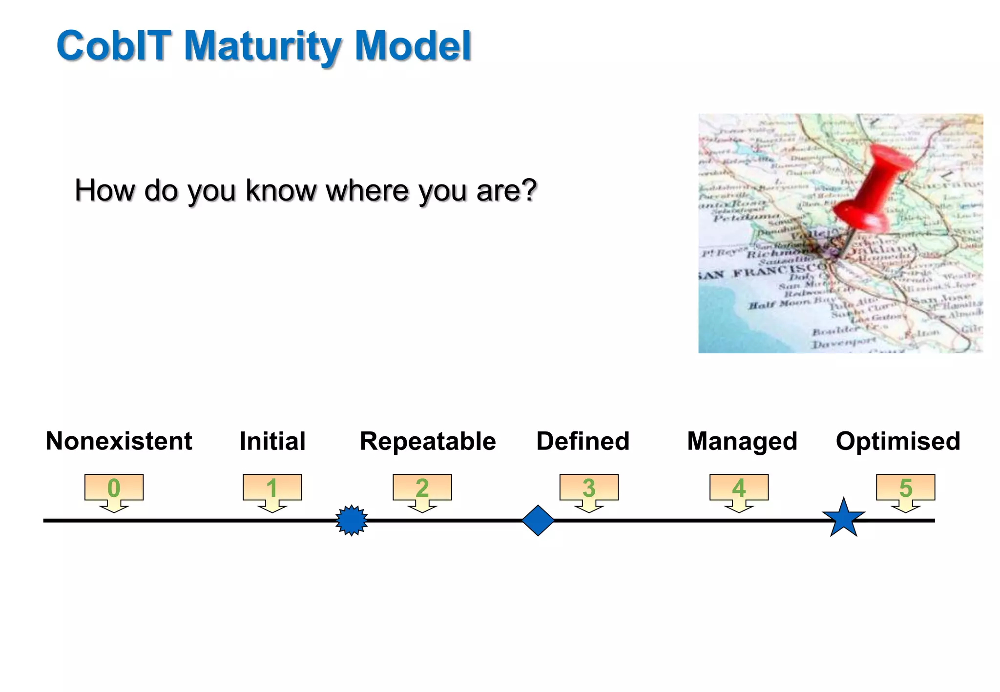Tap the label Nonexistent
(119, 441)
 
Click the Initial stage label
(272, 441)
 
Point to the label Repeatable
(428, 441)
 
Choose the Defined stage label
(583, 441)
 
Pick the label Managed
(742, 441)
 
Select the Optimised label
(897, 441)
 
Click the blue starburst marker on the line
(352, 520)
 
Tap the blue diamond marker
(538, 520)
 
